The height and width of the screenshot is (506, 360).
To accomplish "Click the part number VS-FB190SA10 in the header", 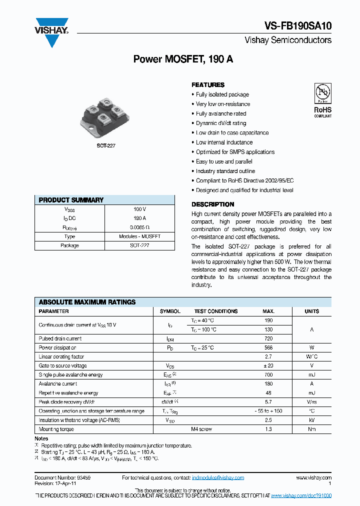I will (298, 26).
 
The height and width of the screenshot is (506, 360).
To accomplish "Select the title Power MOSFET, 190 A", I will (183, 59).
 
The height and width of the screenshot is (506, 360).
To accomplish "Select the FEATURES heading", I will (208, 85).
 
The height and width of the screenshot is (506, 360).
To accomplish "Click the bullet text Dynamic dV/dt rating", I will (221, 123).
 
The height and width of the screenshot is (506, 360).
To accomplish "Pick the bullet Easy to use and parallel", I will (224, 161).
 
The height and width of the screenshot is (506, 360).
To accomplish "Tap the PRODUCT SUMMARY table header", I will (71, 200).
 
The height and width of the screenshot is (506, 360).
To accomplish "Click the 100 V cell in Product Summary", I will (139, 209).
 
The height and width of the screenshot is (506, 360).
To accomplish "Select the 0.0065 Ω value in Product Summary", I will (139, 227).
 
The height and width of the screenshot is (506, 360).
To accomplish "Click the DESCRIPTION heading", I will (212, 204).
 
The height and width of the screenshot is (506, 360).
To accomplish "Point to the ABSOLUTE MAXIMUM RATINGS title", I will (87, 302).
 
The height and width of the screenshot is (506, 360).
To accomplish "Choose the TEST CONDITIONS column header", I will (216, 311).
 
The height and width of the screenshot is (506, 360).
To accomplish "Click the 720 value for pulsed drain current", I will (268, 338).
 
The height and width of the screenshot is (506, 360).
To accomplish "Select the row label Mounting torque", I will (56, 429).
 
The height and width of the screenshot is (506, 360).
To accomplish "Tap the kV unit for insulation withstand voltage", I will (311, 420).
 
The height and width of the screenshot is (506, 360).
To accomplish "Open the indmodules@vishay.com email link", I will (218, 478).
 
